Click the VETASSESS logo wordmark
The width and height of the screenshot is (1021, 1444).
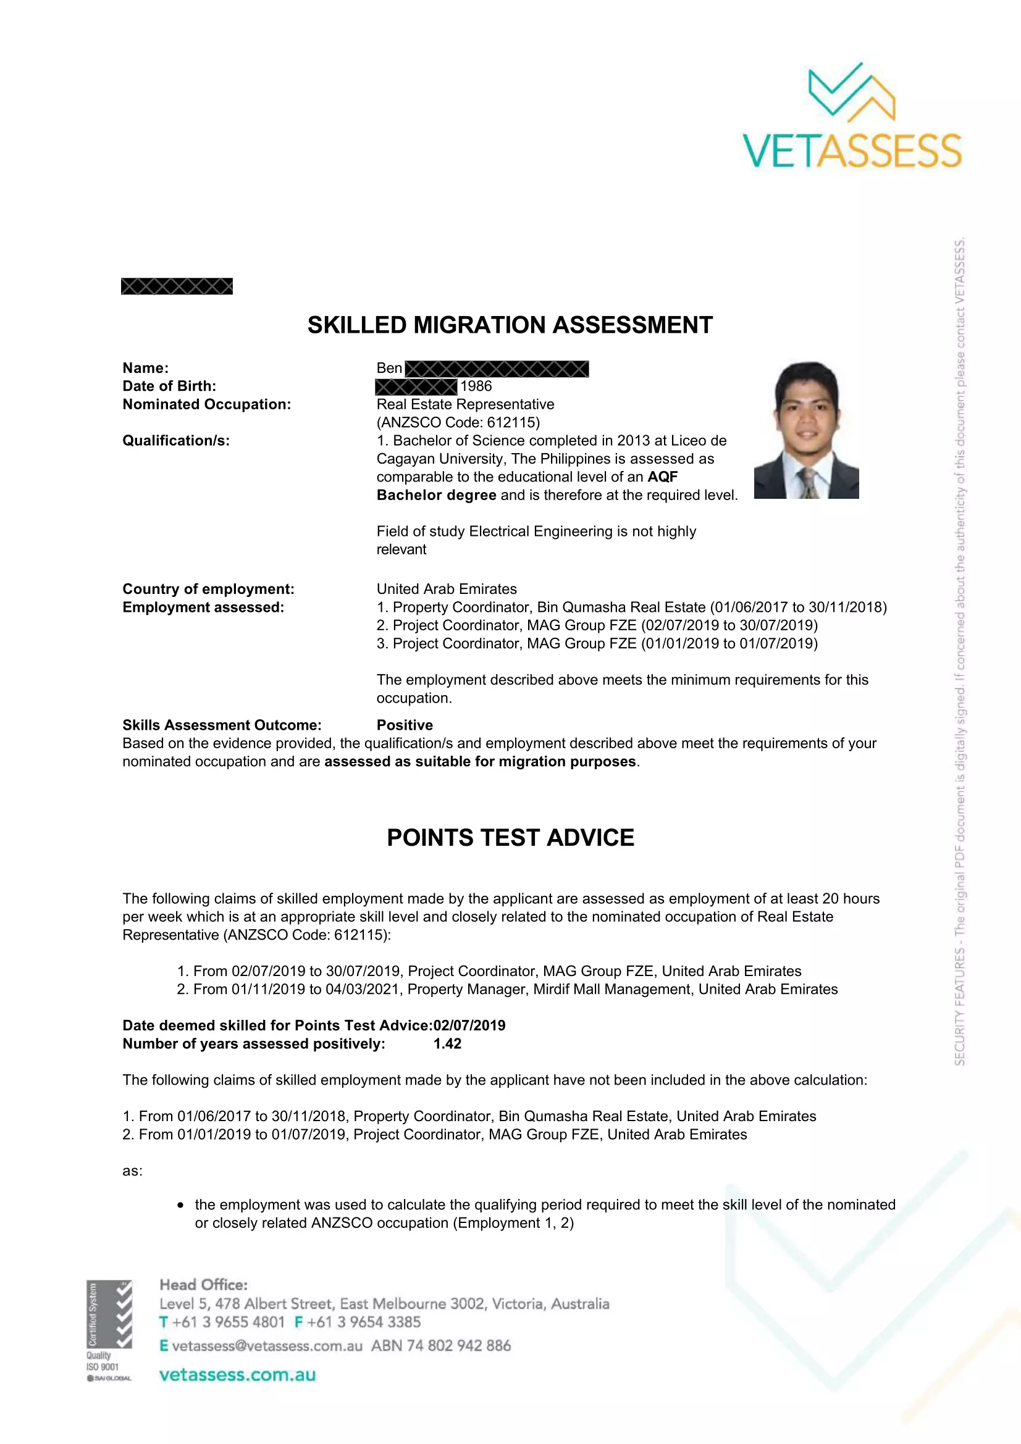tap(852, 151)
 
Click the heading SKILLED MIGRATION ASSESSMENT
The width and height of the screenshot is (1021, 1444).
tap(510, 325)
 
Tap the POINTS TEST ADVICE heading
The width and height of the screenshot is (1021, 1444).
tap(510, 838)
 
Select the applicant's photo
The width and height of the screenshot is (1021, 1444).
tap(807, 430)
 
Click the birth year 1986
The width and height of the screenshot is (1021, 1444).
tap(476, 386)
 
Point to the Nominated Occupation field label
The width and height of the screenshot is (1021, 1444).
tap(206, 404)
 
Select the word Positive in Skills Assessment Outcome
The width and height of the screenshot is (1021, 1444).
tap(405, 725)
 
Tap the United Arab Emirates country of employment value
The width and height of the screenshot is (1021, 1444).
tap(447, 590)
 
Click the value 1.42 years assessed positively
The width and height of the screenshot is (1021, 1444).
tap(447, 1044)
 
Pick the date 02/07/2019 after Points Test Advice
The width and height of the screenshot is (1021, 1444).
tap(469, 1026)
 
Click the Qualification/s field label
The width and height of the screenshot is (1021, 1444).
tap(176, 441)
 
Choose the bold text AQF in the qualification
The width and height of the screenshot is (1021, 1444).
tap(662, 477)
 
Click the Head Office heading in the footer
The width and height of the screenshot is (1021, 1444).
tap(204, 1285)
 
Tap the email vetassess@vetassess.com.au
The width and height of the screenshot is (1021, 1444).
tap(267, 1346)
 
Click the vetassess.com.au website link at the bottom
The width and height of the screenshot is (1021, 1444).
tap(237, 1375)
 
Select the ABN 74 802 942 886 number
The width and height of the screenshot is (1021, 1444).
tap(441, 1346)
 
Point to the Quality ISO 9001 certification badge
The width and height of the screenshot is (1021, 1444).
tap(109, 1330)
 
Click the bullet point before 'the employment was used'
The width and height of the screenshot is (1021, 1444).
tap(180, 1205)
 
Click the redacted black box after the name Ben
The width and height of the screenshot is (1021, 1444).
tap(497, 369)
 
